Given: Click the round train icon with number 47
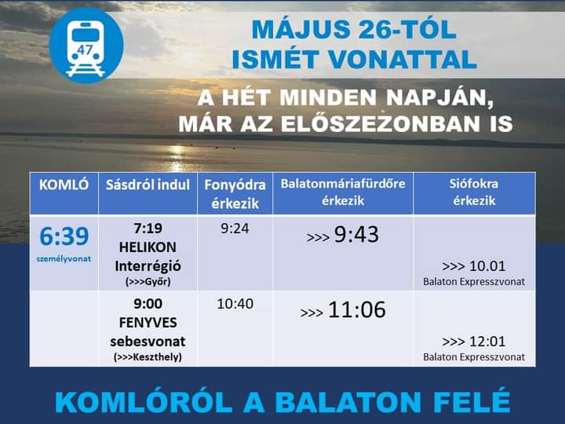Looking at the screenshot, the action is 86,46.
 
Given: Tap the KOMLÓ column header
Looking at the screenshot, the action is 64,185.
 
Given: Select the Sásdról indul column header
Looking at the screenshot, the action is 148,185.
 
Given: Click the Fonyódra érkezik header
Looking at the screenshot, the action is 235,194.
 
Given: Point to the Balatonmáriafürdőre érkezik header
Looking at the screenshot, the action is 343,192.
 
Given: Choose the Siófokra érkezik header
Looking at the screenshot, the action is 474,192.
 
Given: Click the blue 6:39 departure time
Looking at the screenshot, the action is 64,236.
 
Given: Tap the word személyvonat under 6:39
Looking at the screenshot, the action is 64,258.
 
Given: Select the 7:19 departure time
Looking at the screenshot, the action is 148,228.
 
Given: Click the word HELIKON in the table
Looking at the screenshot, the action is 148,247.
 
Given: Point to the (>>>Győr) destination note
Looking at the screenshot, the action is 148,282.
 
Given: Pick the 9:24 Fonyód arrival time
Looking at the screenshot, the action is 235,228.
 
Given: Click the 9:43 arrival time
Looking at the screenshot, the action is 356,234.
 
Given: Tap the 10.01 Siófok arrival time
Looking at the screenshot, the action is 487,266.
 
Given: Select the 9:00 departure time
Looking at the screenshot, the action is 148,304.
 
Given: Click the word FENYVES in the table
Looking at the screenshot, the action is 148,323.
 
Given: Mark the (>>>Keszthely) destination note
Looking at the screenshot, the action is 148,357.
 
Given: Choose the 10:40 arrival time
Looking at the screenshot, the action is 235,304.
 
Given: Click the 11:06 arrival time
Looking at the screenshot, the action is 357,309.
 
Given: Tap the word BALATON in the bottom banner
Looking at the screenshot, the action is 348,402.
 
